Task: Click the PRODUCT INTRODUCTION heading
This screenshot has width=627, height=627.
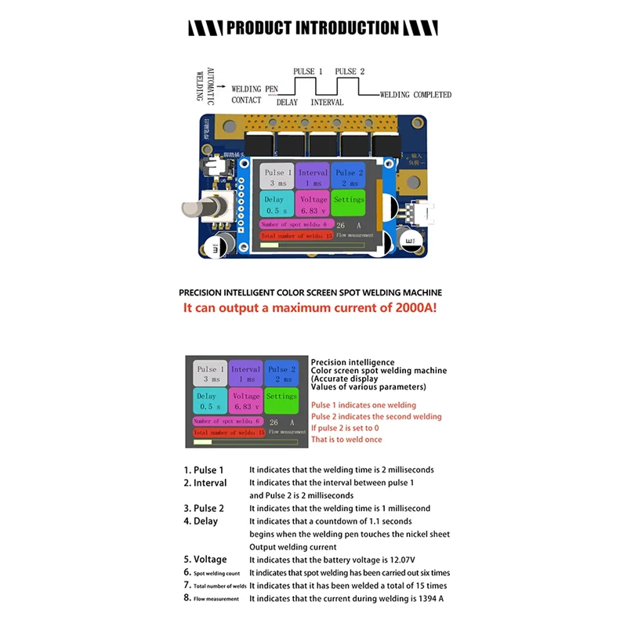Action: point(313,28)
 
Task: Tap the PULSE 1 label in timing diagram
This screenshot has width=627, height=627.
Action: point(308,71)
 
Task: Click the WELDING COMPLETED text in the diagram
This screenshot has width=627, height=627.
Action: point(415,95)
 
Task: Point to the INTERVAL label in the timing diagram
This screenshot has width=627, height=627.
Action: point(327,103)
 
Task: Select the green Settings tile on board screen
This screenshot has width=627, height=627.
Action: point(349,201)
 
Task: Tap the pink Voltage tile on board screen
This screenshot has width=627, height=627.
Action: point(313,205)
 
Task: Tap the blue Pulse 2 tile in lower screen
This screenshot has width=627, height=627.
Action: point(281,374)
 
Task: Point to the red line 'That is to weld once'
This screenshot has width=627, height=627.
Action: point(346,440)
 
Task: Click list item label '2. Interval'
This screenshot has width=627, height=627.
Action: point(205,483)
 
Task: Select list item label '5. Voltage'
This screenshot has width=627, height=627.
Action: point(205,560)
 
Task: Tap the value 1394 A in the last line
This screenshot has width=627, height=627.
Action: point(430,598)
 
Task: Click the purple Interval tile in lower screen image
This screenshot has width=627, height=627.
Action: point(245,374)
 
